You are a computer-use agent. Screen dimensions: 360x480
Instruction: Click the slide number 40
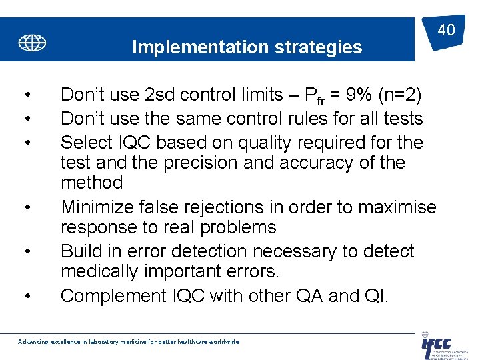tap(446, 29)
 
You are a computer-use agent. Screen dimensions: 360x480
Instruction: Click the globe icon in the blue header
tap(32, 43)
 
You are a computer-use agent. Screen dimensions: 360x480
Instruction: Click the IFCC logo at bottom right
tap(437, 345)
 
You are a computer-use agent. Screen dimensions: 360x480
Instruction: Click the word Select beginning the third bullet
tap(85, 143)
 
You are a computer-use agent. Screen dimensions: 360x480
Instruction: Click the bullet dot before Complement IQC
tap(26, 295)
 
